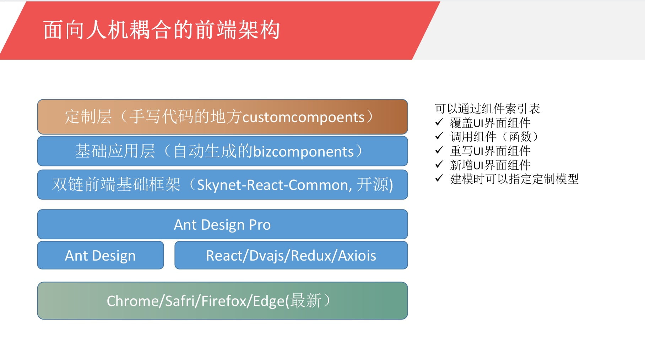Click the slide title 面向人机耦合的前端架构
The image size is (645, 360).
click(162, 30)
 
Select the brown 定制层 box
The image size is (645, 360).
click(222, 117)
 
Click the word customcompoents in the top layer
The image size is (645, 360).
click(303, 117)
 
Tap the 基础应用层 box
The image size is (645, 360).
click(222, 151)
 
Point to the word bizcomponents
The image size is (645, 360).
click(303, 152)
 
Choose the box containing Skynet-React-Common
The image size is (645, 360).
click(222, 185)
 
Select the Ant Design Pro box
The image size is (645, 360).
click(222, 224)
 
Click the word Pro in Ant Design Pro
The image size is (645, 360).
click(260, 225)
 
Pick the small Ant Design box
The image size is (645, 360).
click(101, 255)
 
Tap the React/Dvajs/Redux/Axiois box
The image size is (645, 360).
click(291, 255)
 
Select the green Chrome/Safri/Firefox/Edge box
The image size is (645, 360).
click(222, 301)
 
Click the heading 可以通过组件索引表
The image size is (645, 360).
click(487, 109)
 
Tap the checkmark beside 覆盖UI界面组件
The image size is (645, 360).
click(439, 122)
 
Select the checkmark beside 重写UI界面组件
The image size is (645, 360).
click(439, 150)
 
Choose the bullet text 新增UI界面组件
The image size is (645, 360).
click(490, 165)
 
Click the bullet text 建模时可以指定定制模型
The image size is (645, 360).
click(514, 179)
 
